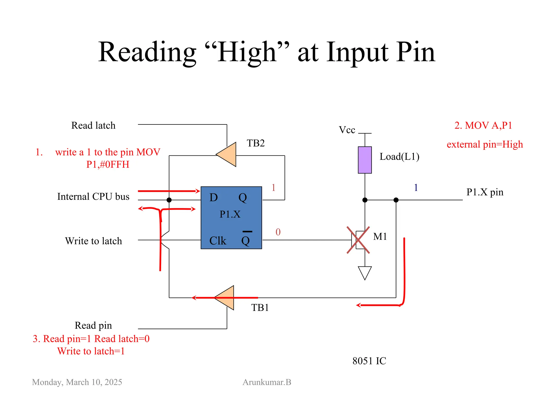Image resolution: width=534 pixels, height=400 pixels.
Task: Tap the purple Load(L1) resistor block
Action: pos(365,160)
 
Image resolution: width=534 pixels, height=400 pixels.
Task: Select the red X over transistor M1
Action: pos(358,240)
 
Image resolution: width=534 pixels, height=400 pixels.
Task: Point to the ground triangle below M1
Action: pos(365,272)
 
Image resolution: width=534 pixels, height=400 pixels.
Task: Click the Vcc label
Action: pos(347,130)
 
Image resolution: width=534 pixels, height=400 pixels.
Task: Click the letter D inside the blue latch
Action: pos(214,197)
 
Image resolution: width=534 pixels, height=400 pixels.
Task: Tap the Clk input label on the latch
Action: pos(218,241)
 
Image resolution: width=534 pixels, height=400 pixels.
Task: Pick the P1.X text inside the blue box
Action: pos(230,214)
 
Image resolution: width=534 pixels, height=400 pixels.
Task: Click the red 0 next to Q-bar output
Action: pos(278,232)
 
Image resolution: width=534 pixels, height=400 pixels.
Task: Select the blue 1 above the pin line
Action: pos(416,187)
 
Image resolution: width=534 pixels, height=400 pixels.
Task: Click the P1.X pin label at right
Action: pos(484,192)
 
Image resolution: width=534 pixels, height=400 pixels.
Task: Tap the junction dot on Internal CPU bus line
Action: pos(169,200)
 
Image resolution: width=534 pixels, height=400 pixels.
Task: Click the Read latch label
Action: pos(93,126)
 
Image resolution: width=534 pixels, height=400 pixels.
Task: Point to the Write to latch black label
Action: pos(93,241)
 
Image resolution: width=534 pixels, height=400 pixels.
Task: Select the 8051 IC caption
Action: pos(369,361)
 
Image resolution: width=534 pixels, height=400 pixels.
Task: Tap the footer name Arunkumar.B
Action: pos(267,382)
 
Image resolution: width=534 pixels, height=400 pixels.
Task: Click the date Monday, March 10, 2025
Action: pos(77,382)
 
